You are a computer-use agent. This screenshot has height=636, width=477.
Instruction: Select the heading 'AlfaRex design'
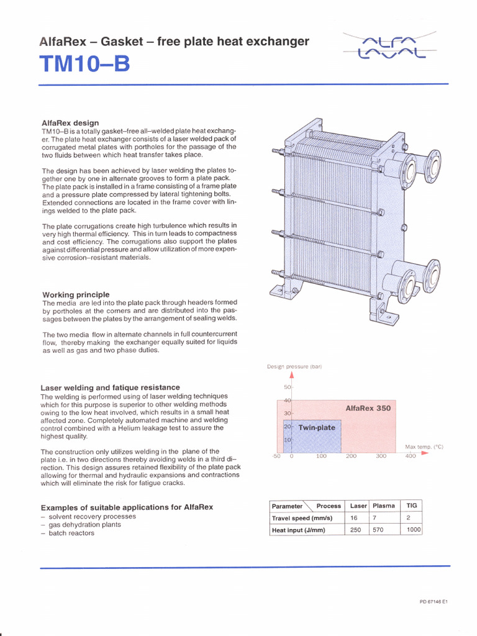(x=70, y=123)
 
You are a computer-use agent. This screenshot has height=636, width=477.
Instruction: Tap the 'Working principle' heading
(x=76, y=294)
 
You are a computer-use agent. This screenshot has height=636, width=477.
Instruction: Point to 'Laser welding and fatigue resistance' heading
(x=111, y=388)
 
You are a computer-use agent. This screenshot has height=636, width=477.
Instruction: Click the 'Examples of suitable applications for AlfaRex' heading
(x=127, y=507)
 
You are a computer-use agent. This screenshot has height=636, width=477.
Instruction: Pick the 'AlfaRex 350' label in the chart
(x=368, y=408)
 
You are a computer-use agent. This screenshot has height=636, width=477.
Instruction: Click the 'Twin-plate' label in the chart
(x=317, y=428)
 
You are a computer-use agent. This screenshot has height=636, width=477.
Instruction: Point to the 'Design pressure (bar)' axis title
(x=294, y=366)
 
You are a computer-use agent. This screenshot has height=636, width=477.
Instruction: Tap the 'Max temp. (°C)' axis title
(x=424, y=447)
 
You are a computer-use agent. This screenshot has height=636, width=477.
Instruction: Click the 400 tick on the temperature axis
(x=411, y=457)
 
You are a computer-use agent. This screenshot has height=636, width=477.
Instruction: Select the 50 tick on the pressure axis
(x=288, y=388)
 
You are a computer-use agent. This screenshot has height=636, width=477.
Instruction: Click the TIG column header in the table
(x=411, y=506)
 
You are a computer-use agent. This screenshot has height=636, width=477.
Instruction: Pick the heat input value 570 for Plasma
(x=378, y=530)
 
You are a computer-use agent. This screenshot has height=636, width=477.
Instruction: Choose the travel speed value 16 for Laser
(x=354, y=518)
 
